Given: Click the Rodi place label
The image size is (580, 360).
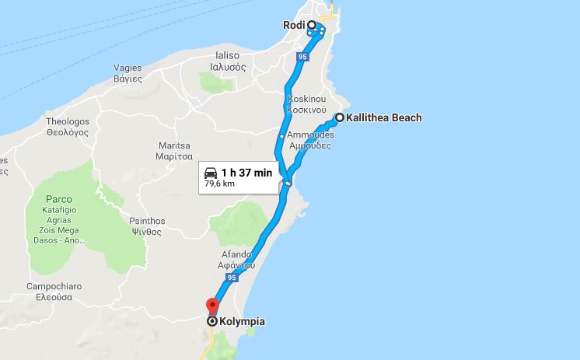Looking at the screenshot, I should (292, 25).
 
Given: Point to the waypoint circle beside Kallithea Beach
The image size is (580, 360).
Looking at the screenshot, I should (339, 118).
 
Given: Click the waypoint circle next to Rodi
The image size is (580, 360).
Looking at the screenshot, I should (312, 25).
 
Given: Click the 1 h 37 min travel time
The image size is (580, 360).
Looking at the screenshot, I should (246, 173).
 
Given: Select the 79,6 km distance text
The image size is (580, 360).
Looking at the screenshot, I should (220, 184).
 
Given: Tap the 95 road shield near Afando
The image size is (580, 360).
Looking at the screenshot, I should (231, 278).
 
